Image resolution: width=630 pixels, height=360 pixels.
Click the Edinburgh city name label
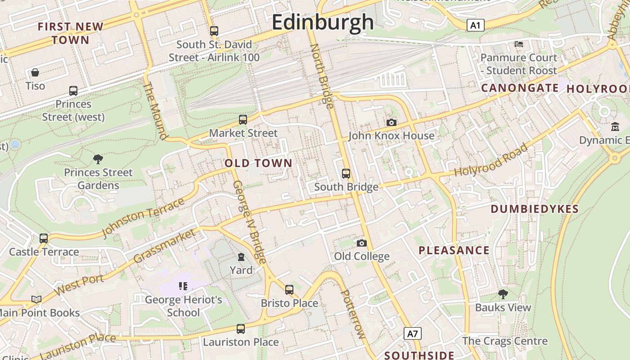323,22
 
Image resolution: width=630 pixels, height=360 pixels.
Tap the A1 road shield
475,25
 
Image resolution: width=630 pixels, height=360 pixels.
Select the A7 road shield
413,333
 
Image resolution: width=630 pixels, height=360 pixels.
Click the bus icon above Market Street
243,120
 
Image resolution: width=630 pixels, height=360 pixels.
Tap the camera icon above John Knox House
391,122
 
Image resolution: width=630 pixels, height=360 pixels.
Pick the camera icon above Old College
361,243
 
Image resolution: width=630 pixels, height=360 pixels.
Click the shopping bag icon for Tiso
35,72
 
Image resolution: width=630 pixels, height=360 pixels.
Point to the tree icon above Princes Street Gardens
98,159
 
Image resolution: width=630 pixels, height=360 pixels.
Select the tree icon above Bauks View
503,294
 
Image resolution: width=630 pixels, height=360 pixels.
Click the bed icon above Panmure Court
519,44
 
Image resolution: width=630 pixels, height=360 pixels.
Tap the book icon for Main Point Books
36,299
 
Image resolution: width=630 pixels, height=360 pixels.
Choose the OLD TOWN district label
258,163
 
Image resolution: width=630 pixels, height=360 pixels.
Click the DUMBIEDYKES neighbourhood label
534,209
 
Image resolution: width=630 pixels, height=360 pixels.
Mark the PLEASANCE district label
454,251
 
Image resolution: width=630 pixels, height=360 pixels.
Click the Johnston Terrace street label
143,217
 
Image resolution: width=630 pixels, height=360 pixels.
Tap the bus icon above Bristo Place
289,289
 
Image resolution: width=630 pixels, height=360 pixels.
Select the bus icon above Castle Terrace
44,238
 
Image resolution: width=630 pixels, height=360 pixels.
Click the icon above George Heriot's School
183,286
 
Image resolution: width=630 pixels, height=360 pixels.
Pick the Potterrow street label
353,314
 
